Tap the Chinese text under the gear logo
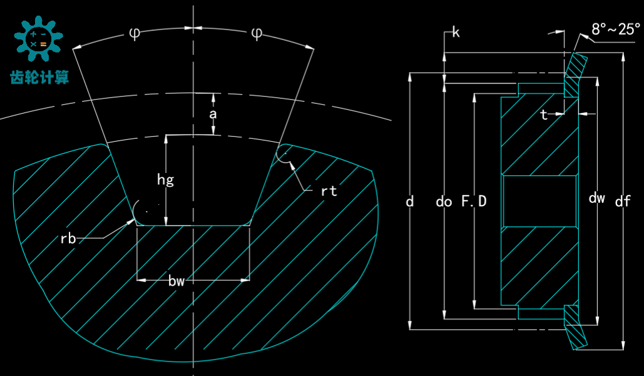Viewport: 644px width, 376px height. [x=39, y=76]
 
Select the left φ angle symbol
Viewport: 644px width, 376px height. [x=135, y=33]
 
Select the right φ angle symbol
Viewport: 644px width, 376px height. [x=257, y=33]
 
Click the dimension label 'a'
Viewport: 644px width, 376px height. [x=213, y=114]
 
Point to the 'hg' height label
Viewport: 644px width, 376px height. [x=165, y=181]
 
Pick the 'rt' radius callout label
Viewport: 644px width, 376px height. [x=329, y=191]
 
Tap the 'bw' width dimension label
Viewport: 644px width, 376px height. [x=176, y=281]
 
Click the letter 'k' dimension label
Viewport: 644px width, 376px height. [x=456, y=32]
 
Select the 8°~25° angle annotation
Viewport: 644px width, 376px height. [x=616, y=29]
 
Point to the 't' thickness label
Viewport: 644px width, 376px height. [x=544, y=115]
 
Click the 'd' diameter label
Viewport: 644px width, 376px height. [x=410, y=201]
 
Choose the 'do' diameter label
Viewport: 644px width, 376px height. [x=444, y=201]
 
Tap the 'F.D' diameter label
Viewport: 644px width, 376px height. [x=474, y=201]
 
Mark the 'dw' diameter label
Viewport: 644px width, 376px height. [x=597, y=199]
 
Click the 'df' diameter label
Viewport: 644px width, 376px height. [x=623, y=201]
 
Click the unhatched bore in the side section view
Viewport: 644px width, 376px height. [x=539, y=201]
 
